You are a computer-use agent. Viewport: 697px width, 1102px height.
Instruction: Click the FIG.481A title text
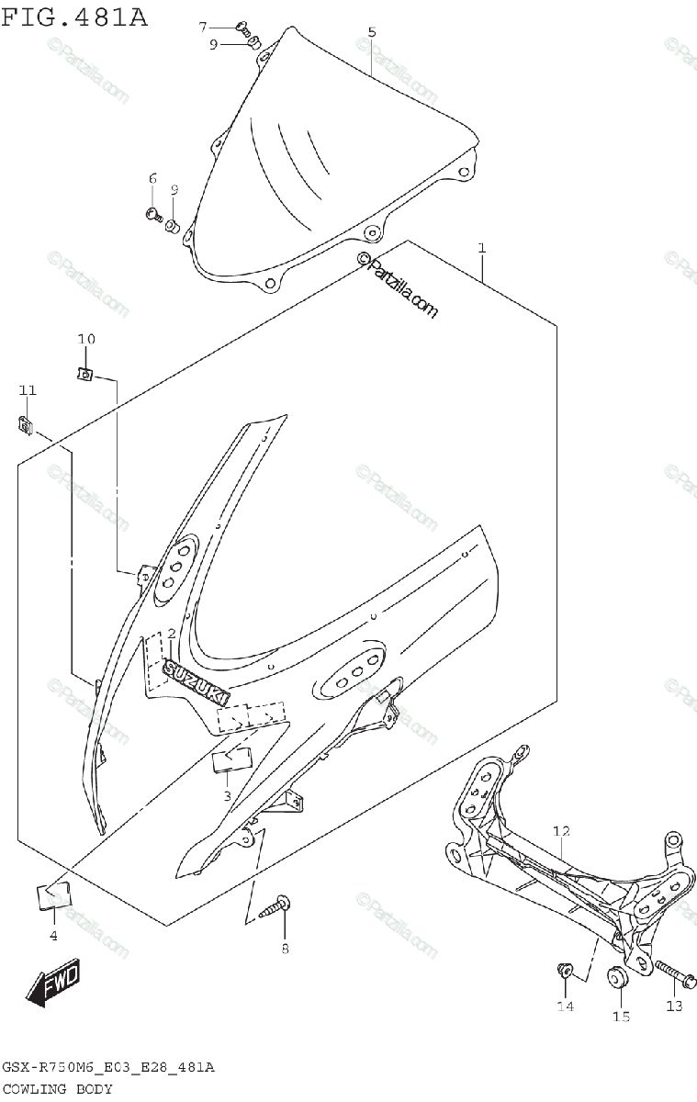[73, 16]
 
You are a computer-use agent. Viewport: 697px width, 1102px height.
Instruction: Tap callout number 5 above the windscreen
[371, 32]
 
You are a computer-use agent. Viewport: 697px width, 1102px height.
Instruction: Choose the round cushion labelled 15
[618, 977]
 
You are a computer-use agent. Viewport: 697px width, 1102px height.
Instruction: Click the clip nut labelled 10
[84, 374]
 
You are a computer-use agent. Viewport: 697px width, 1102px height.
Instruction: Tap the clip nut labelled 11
[26, 424]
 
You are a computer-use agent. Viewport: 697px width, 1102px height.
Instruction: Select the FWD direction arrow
[54, 985]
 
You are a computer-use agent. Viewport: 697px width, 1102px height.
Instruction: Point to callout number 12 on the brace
[561, 831]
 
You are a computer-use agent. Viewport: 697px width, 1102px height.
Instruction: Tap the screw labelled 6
[153, 216]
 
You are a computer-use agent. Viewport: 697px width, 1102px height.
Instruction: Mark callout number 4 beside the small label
[53, 936]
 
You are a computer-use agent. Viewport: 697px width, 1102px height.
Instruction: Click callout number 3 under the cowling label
[226, 795]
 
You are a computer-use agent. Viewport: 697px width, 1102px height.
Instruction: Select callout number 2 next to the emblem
[170, 634]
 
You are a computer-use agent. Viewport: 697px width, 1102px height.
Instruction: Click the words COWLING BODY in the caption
[58, 1089]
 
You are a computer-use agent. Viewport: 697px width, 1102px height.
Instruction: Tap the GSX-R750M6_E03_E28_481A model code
[108, 1067]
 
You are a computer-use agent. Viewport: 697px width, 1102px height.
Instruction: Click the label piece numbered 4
[53, 894]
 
